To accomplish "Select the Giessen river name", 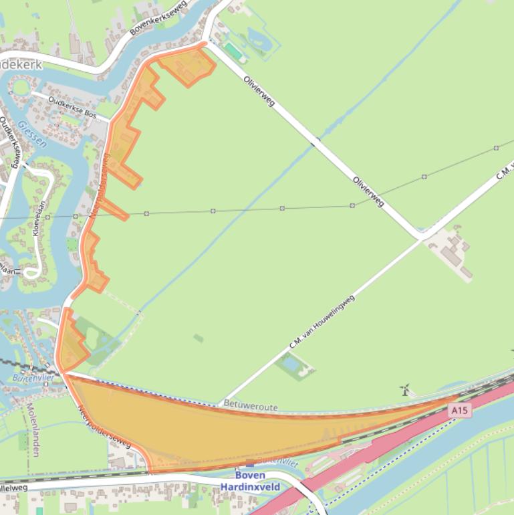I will [x=31, y=134].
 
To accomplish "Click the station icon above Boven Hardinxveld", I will [x=250, y=463].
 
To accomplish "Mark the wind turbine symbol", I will [x=404, y=389].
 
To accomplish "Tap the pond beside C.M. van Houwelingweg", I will [x=292, y=365].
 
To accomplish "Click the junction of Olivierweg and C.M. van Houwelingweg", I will [x=420, y=237].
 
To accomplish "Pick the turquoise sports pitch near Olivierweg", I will [x=233, y=51].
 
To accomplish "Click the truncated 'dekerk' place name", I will [x=20, y=65].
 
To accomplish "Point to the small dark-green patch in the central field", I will [x=199, y=338].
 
